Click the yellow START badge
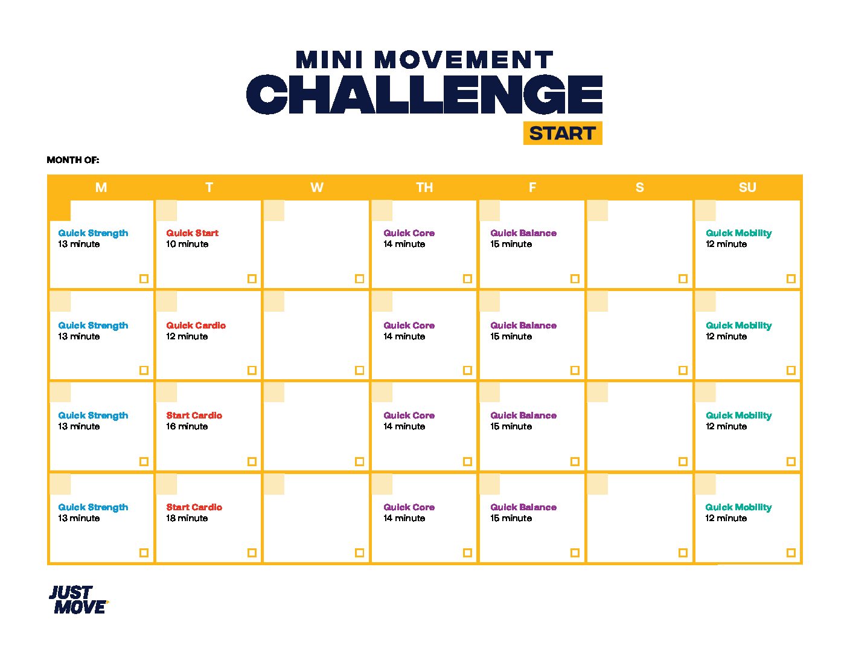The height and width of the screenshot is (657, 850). [x=563, y=133]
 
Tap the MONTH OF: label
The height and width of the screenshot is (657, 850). [x=73, y=160]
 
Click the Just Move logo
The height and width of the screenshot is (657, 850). [x=79, y=600]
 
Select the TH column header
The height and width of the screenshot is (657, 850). [x=424, y=187]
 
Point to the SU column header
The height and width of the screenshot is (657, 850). [x=747, y=187]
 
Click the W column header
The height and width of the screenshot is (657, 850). [x=317, y=187]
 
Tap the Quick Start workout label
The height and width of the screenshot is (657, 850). [x=193, y=233]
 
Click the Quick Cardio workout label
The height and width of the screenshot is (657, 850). [x=196, y=325]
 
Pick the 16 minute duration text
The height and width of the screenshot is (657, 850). [x=187, y=426]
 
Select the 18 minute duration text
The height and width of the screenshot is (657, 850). [x=187, y=518]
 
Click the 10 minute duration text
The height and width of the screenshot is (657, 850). [x=187, y=244]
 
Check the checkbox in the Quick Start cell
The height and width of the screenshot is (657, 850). [x=252, y=278]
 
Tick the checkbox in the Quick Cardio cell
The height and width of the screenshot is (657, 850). [x=252, y=370]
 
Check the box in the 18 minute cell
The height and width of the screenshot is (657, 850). [x=252, y=553]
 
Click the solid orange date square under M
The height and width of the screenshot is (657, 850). [x=60, y=211]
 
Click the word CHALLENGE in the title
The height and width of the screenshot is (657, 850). [x=424, y=94]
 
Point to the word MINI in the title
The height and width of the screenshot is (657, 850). [x=330, y=59]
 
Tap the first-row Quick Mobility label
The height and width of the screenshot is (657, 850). [x=738, y=233]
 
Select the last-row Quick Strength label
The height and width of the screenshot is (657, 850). [x=93, y=507]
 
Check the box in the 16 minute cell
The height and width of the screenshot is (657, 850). [x=252, y=462]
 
